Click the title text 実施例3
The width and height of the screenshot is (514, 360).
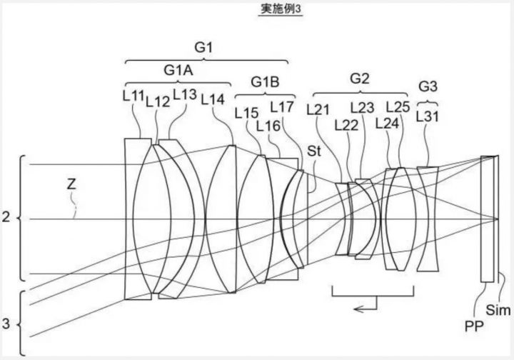(281, 9)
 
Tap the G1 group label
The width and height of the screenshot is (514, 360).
(203, 48)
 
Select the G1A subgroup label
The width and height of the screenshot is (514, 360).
(178, 70)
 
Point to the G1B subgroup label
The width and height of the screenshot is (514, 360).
(265, 81)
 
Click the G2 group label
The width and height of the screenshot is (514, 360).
(360, 79)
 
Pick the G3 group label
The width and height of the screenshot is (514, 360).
(428, 86)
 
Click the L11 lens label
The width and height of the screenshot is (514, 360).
(133, 96)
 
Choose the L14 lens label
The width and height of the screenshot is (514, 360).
(213, 100)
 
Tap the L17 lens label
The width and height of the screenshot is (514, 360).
(281, 107)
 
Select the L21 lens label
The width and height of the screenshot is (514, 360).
(318, 109)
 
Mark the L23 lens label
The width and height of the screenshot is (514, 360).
(362, 108)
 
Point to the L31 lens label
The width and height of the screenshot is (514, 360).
(427, 116)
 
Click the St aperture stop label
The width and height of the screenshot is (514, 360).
(314, 151)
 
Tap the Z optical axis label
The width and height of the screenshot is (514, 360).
(71, 184)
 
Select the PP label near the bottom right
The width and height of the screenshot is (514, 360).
(474, 326)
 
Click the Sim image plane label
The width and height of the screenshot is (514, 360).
(498, 310)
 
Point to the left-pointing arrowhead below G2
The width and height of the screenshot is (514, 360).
(358, 309)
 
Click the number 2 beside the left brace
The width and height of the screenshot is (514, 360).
(6, 217)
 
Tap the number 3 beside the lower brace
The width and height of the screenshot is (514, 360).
(6, 324)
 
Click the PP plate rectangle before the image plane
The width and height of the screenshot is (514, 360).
(487, 219)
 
